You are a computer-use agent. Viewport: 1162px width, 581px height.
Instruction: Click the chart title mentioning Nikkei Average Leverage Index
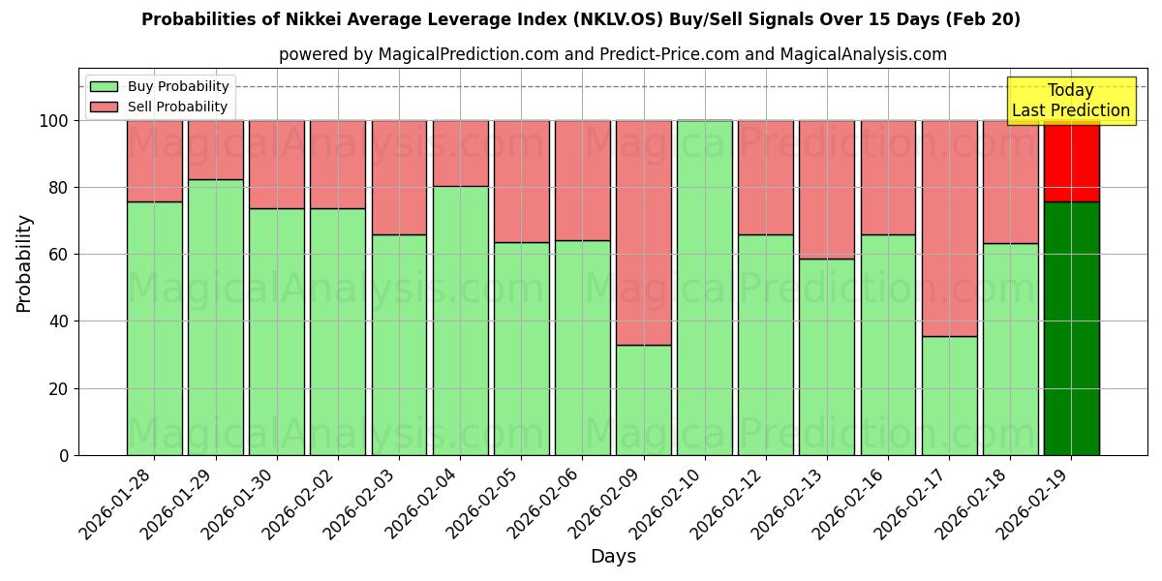tap(580, 19)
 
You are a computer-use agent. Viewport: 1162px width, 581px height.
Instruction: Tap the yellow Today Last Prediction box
tap(1070, 101)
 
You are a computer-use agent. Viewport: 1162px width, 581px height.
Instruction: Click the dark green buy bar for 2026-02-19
tap(1071, 328)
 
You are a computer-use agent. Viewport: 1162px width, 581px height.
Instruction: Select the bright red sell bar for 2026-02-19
tap(1071, 161)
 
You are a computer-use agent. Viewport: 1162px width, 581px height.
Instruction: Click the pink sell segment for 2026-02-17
tap(949, 228)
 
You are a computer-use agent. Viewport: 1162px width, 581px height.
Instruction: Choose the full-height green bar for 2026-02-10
tap(704, 288)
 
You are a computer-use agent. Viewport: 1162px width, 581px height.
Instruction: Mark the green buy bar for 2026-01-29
tap(215, 317)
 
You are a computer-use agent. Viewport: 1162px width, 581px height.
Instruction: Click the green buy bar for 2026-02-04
tap(460, 321)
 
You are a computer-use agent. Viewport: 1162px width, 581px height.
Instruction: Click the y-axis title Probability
tap(24, 262)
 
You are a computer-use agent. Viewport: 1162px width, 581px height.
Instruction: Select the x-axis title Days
tap(613, 557)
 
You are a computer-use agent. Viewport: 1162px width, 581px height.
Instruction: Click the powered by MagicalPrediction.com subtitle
tap(612, 54)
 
